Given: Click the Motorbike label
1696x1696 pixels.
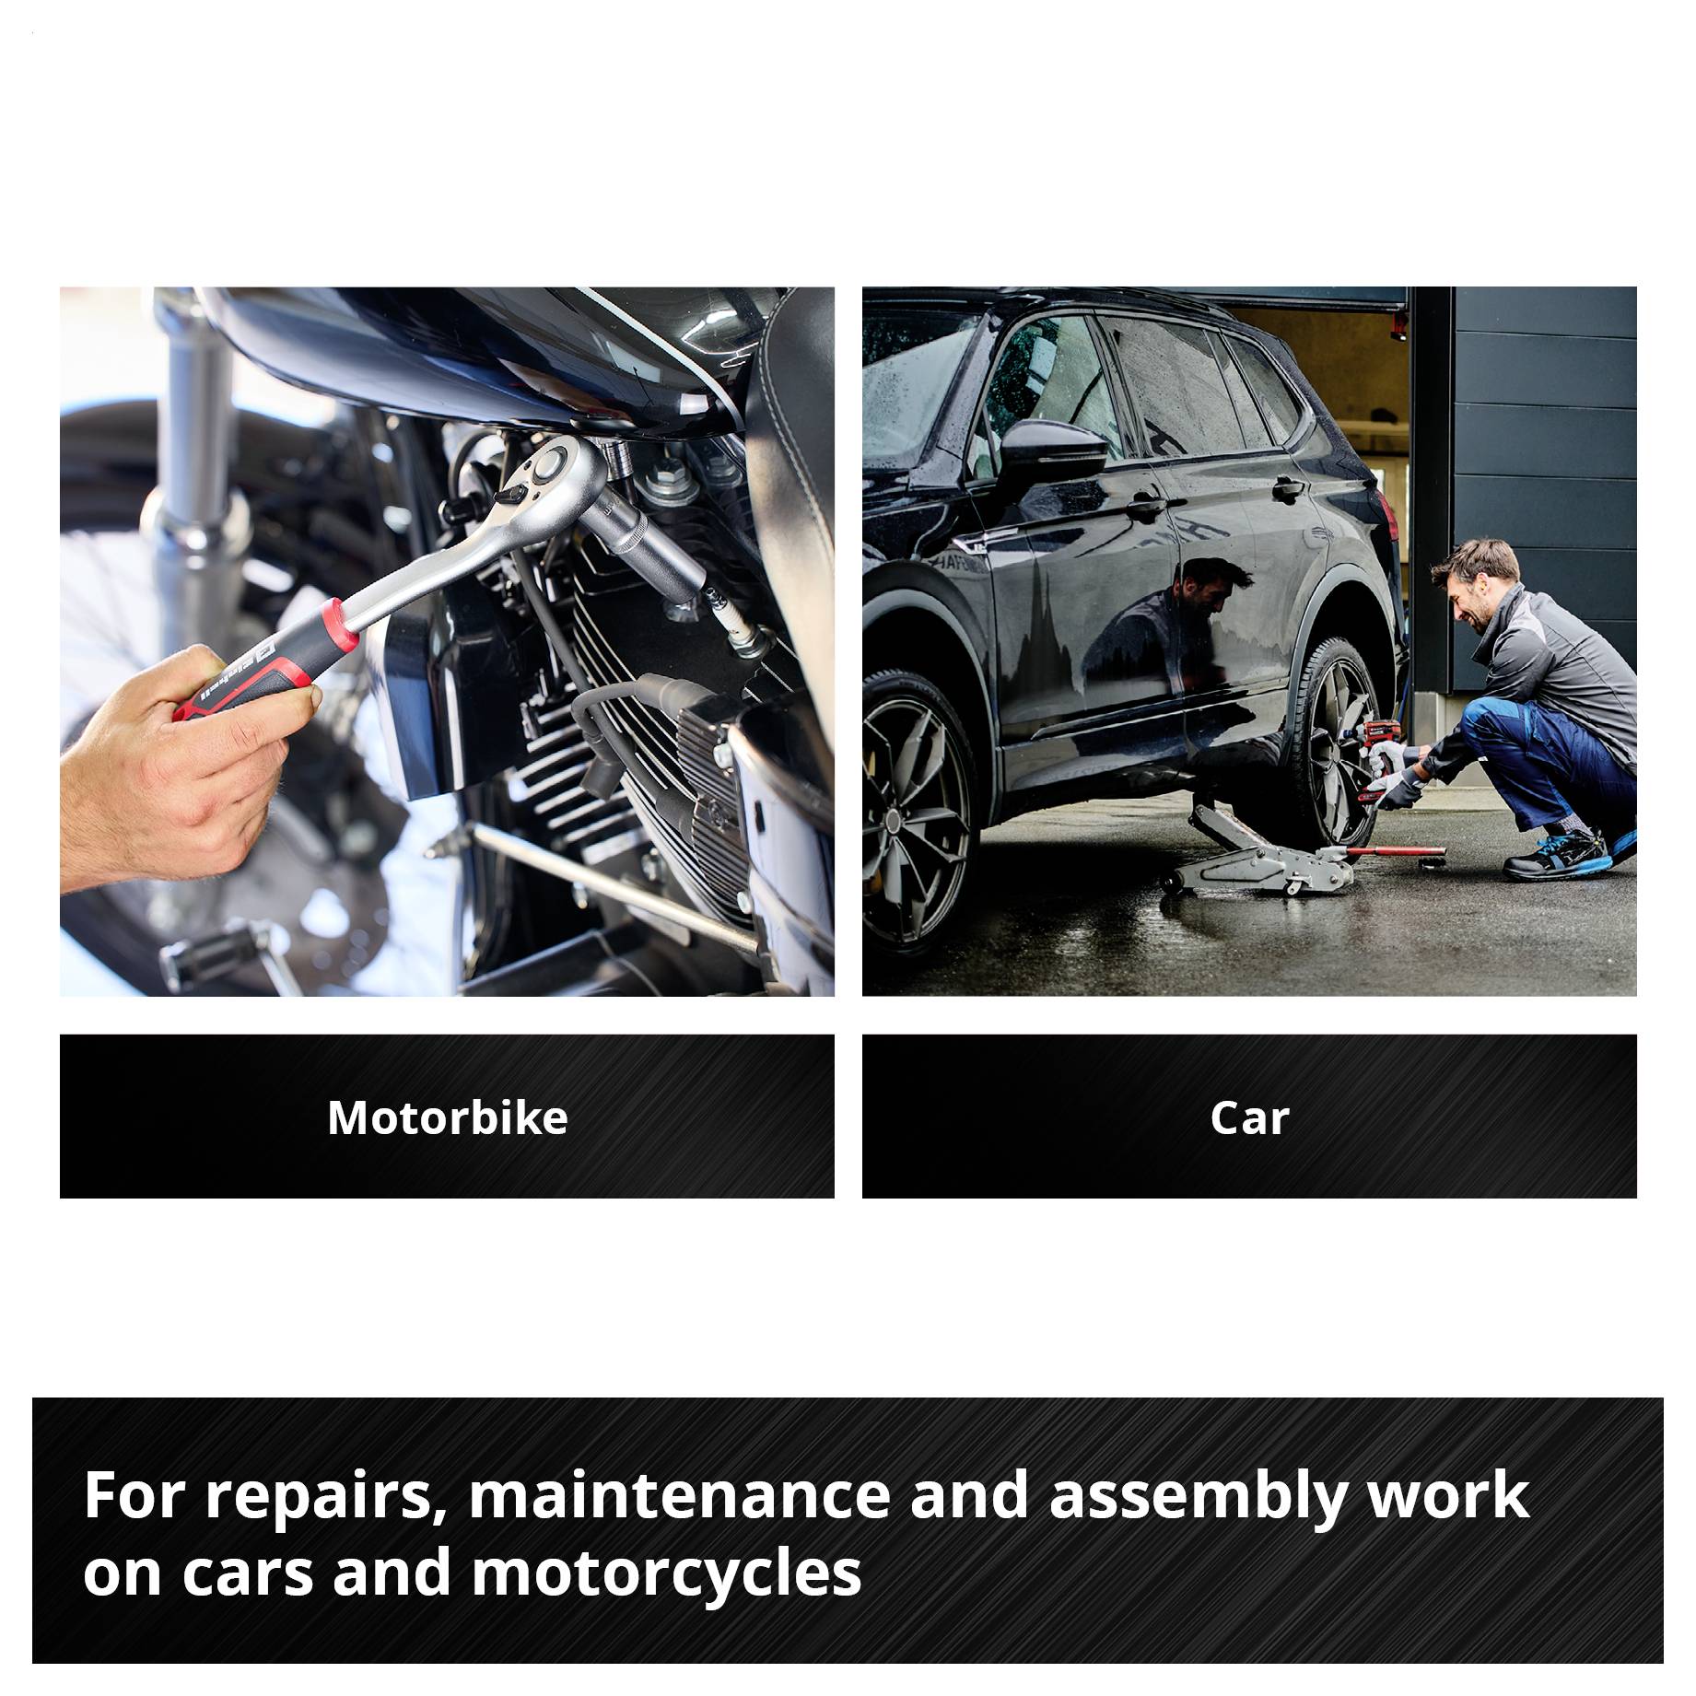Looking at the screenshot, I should tap(447, 1117).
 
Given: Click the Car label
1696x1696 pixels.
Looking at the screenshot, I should tap(1248, 1117).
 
